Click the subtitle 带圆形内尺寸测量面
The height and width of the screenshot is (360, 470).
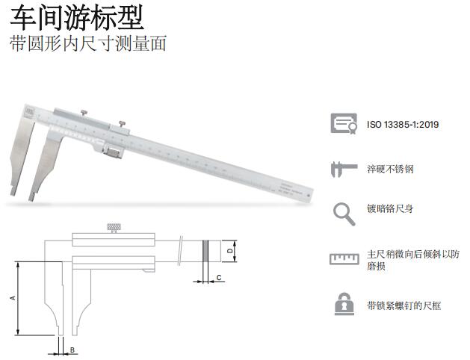tap(88, 43)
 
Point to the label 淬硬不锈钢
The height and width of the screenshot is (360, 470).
tap(390, 170)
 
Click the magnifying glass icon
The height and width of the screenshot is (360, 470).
tap(343, 214)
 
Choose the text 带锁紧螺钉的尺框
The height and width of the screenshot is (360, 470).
tap(403, 305)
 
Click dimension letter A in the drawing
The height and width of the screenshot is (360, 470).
tap(12, 297)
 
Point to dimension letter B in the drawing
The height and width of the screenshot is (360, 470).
tap(72, 349)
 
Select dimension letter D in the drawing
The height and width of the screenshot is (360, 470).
tap(229, 252)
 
